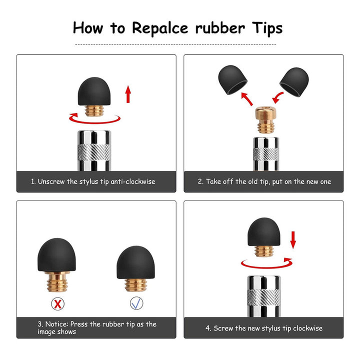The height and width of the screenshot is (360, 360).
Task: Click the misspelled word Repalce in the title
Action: tap(160, 28)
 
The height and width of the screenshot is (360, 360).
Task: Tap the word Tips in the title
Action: tap(267, 28)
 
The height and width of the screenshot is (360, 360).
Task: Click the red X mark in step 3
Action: tap(57, 304)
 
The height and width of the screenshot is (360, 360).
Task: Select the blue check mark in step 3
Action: tap(136, 303)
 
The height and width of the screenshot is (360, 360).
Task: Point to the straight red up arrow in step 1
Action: tap(128, 94)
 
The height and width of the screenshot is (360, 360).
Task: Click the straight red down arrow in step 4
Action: tap(293, 240)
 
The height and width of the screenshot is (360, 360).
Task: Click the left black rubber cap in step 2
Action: tap(232, 79)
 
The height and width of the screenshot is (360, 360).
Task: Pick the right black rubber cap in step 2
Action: tap(294, 82)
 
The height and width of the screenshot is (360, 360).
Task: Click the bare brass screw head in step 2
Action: tap(266, 119)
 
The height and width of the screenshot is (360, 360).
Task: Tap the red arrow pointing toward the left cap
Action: tap(247, 98)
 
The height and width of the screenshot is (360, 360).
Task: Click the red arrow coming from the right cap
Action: tap(278, 97)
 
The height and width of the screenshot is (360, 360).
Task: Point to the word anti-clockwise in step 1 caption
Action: tap(133, 181)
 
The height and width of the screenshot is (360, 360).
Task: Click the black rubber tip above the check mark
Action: tap(135, 262)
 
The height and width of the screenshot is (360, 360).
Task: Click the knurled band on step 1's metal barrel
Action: tap(94, 152)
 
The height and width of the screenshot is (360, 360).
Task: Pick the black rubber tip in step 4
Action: tap(264, 231)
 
